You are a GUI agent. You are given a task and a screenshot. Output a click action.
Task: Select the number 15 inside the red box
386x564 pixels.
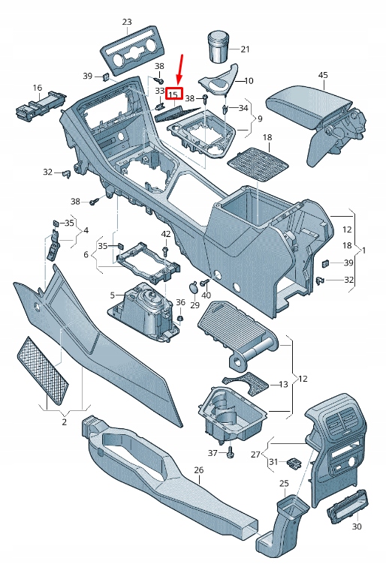pos(173,94)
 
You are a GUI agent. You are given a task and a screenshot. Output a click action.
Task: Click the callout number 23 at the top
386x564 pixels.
pos(126,22)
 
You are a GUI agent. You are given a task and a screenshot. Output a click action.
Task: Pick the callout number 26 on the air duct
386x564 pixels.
pos(198,470)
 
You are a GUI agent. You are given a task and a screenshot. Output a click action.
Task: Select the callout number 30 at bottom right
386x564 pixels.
pos(356,526)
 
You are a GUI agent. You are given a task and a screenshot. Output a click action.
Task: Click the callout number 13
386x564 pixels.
pos(282,384)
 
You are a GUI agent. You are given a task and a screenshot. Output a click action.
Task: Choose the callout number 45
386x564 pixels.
pos(323,75)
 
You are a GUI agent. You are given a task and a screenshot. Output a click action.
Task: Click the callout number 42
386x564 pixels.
pos(166,235)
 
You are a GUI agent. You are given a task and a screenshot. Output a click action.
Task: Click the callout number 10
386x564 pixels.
pos(249,80)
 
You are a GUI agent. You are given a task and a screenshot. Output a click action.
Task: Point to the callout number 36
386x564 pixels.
pos(179,302)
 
